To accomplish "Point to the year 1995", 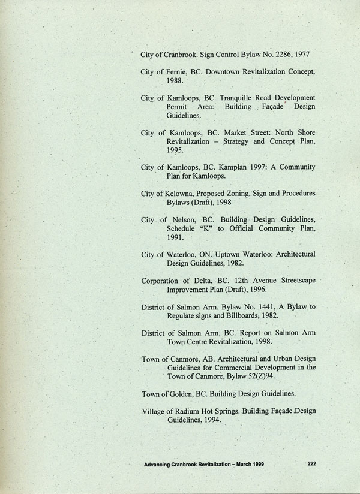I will [x=176, y=151].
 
